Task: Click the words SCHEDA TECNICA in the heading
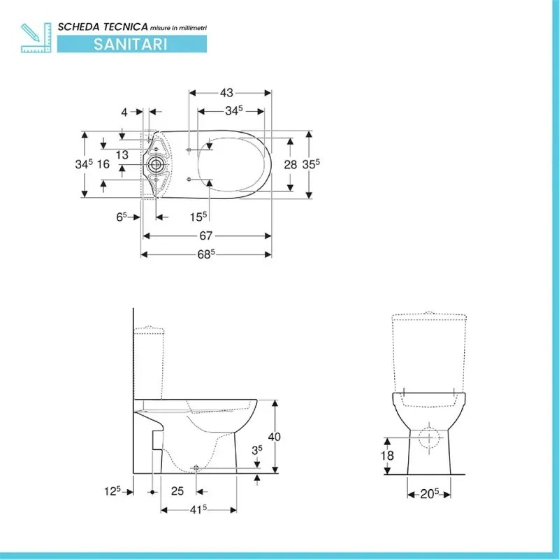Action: click(102, 26)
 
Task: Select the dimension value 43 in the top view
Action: click(227, 92)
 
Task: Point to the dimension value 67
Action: click(205, 236)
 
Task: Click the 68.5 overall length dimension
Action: click(205, 255)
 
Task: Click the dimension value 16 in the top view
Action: click(103, 164)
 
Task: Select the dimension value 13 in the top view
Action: click(122, 154)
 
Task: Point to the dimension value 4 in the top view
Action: click(124, 112)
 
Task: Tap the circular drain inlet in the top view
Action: click(156, 166)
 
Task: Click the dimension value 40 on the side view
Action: click(274, 436)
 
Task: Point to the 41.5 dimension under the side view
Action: click(198, 510)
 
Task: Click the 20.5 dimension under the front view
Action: click(429, 493)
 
